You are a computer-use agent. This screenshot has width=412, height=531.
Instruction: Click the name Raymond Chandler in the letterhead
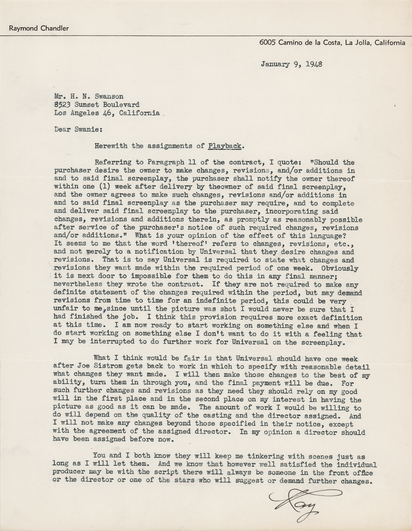pos(39,28)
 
